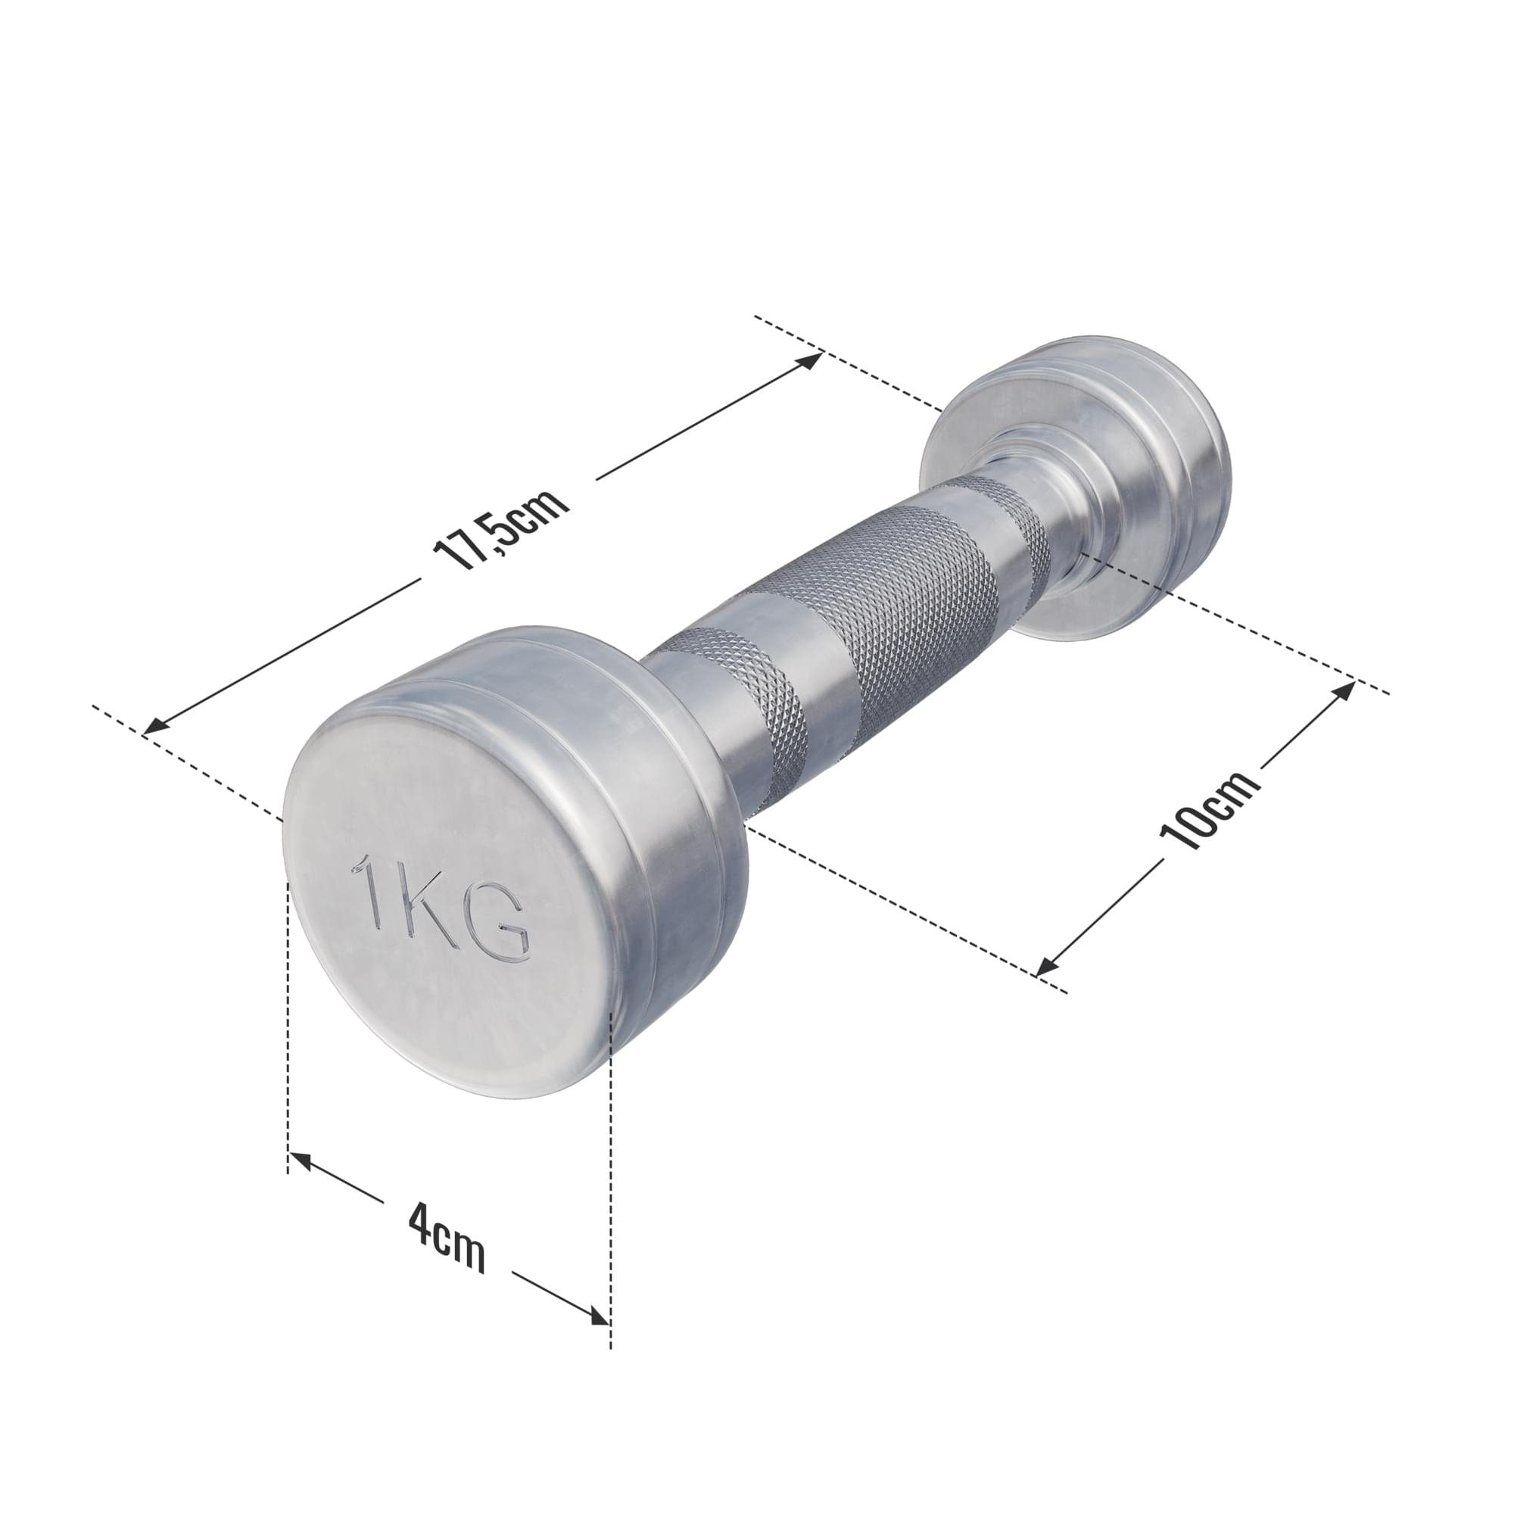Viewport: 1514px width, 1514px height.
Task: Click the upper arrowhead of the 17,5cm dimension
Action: [810, 361]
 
